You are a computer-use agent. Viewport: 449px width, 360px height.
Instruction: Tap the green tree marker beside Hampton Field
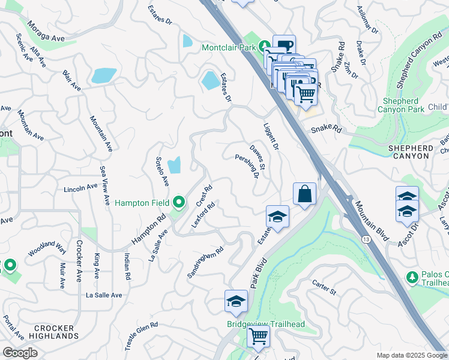coord(178,203)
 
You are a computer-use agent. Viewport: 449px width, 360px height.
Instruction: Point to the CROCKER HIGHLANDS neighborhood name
coord(46,332)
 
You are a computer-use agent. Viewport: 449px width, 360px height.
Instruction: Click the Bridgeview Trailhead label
coord(265,325)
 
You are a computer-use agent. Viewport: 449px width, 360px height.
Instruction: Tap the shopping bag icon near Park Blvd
coord(304,194)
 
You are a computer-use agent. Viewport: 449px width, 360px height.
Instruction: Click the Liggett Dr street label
coord(271,137)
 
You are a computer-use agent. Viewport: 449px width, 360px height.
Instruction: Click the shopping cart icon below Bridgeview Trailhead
coord(258,337)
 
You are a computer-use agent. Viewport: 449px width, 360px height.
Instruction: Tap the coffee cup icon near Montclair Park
coord(284,46)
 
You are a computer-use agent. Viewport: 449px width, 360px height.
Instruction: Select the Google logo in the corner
coord(20,353)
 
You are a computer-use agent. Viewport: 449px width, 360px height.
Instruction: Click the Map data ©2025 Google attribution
coord(412,355)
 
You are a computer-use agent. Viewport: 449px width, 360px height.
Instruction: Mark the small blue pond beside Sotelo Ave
coord(174,164)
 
